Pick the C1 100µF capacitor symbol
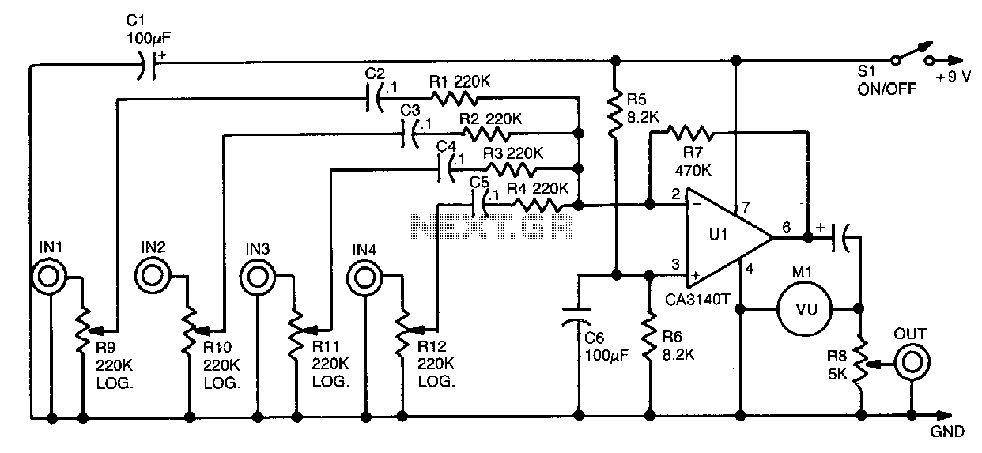147,66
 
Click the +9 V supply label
953,77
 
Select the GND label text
947,432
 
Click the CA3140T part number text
697,300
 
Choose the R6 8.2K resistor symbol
650,337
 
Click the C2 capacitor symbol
374,99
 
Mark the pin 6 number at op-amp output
786,227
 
